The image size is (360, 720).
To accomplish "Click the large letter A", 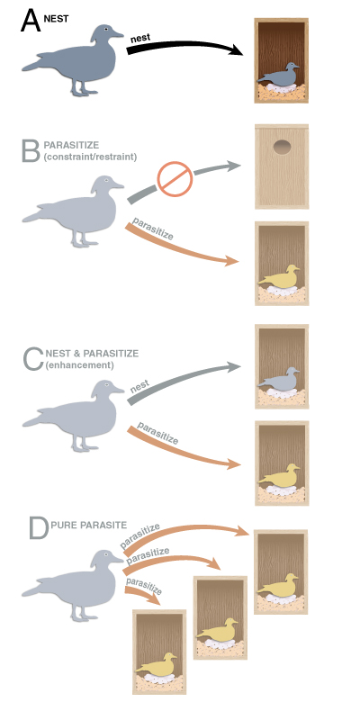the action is (31, 21).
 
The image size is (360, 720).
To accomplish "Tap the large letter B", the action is (31, 151).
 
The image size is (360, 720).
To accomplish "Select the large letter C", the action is (33, 360).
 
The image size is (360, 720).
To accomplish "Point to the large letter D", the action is (38, 528).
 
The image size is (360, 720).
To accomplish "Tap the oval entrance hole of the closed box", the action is (282, 148).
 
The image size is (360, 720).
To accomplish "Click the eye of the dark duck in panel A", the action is (106, 29).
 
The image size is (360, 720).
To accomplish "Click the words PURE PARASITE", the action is (88, 525).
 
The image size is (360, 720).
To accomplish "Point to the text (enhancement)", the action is (79, 365).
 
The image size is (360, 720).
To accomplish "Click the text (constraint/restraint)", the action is (90, 157).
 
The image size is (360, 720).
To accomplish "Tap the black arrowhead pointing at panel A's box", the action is (235, 49).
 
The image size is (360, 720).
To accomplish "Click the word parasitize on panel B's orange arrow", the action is (152, 229).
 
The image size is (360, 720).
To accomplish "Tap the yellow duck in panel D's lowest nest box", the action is (157, 665).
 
